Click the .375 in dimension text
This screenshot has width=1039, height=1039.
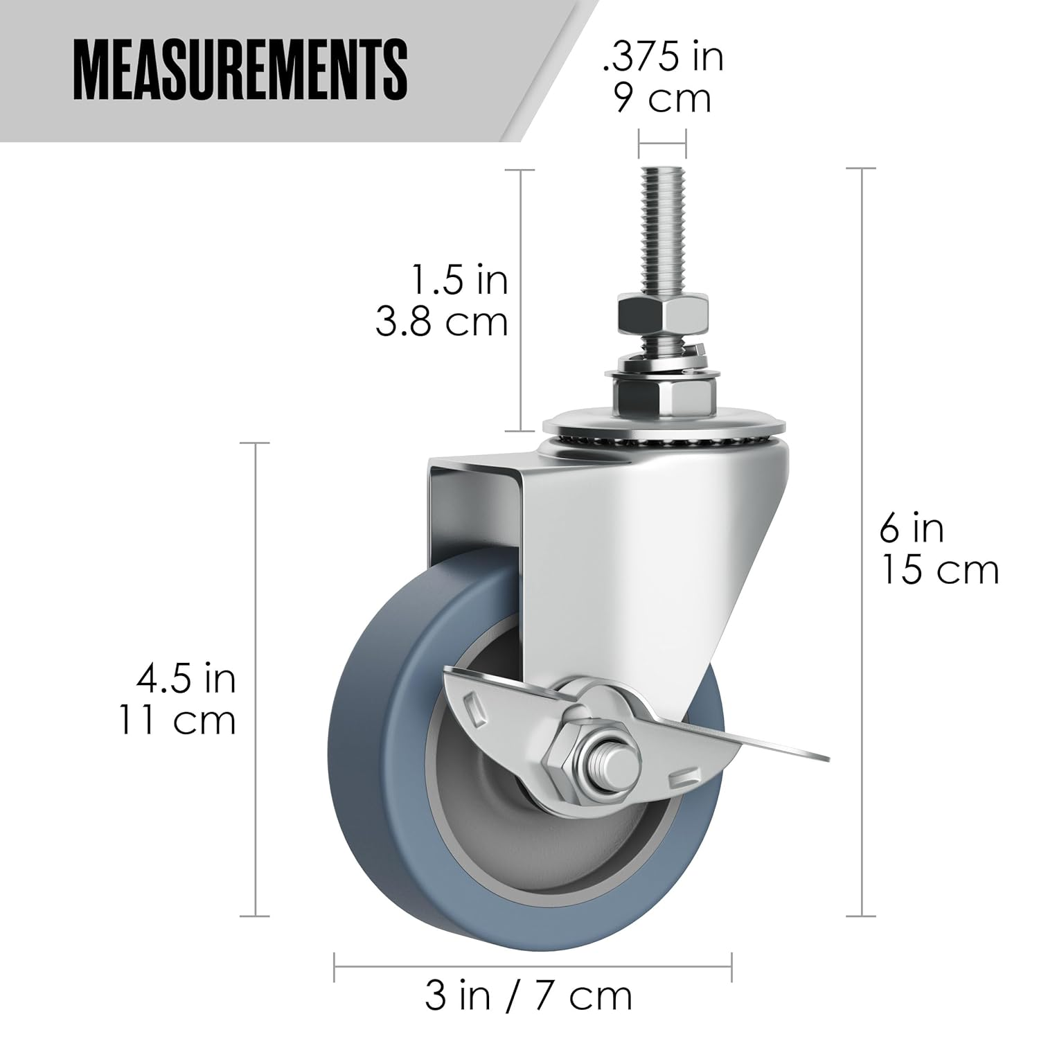click(x=663, y=56)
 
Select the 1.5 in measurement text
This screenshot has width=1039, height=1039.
click(x=459, y=281)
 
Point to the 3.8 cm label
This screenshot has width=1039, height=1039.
click(x=442, y=321)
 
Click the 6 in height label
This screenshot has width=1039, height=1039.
click(x=912, y=529)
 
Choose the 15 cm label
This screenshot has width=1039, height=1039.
click(x=939, y=571)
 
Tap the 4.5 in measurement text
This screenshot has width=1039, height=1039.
click(x=186, y=679)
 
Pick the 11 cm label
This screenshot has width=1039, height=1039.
click(x=177, y=720)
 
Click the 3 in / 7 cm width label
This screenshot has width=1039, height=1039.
click(x=529, y=996)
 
